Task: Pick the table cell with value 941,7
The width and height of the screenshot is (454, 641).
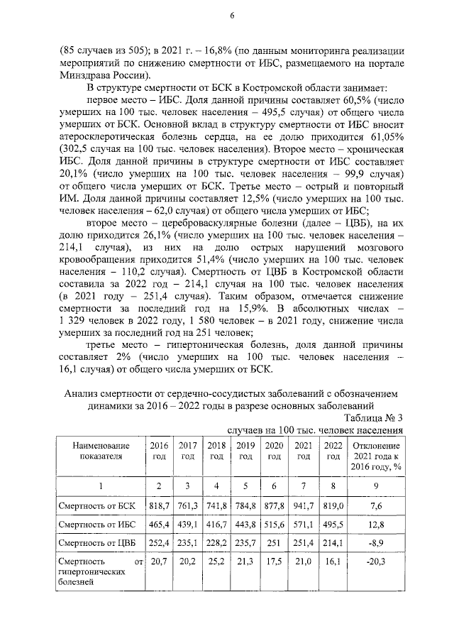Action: click(x=304, y=504)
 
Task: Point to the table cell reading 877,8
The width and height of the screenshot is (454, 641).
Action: click(x=274, y=504)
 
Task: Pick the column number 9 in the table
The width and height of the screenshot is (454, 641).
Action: click(x=378, y=485)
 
